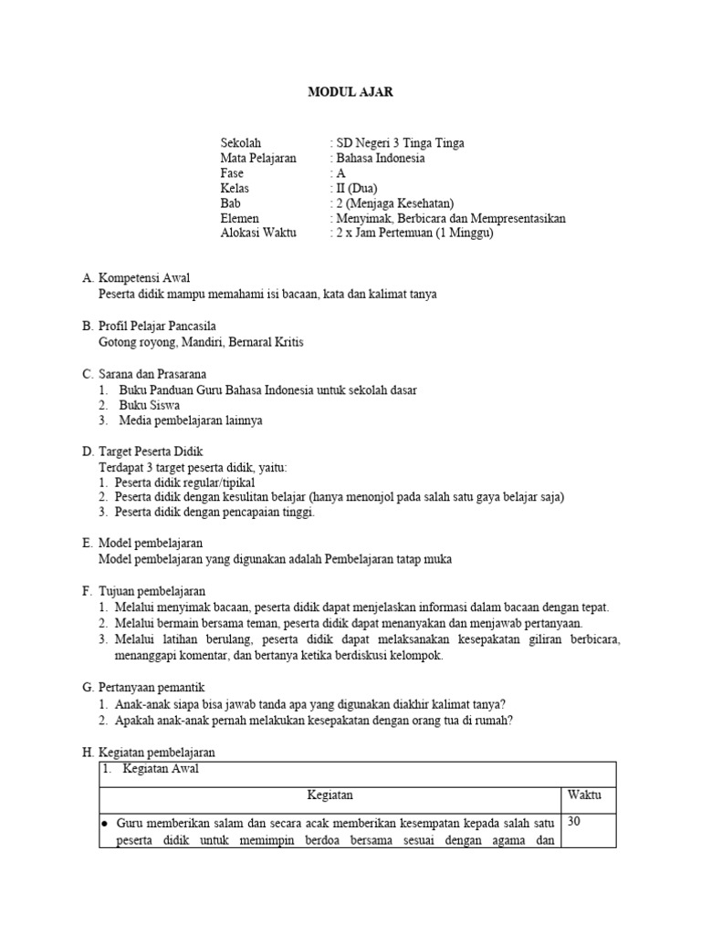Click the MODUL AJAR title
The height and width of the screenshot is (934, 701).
[x=350, y=92]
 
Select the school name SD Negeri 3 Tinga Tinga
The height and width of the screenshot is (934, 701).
[x=400, y=143]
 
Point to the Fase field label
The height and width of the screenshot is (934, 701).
[x=232, y=173]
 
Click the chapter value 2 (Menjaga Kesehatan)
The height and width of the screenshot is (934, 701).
[x=394, y=203]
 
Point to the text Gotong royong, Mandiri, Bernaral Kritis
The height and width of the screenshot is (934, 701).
[x=200, y=342]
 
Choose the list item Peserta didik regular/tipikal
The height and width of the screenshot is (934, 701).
[x=185, y=482]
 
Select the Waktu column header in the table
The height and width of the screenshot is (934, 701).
[x=584, y=795]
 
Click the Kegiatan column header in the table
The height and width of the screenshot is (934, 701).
[x=330, y=795]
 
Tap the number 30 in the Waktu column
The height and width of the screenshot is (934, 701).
[x=575, y=822]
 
